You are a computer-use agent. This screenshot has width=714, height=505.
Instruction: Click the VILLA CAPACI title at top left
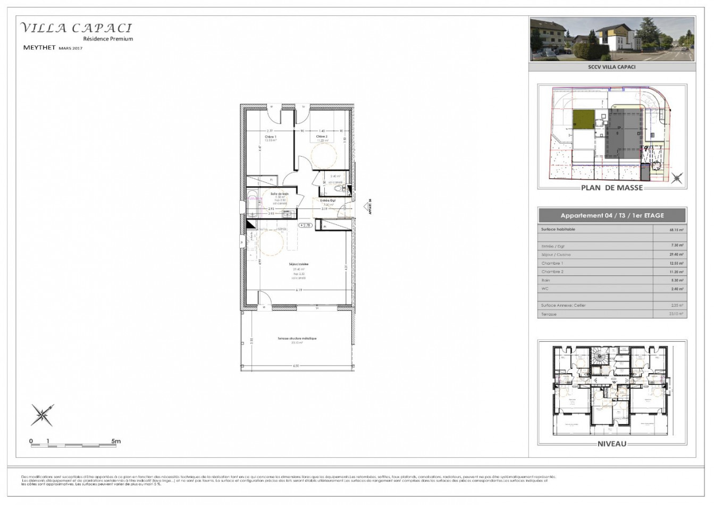point(75,28)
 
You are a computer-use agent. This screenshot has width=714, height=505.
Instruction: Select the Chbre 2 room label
point(322,137)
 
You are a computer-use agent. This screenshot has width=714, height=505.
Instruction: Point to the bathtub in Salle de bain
point(253,205)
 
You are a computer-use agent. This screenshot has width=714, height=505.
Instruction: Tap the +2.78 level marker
point(305,225)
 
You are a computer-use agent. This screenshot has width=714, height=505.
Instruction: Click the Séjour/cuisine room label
point(299,264)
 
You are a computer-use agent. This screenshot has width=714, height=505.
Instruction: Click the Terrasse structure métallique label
point(297,338)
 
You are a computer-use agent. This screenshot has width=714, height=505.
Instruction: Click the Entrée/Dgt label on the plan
point(327,200)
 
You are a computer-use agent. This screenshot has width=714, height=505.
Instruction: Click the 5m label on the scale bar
point(116,441)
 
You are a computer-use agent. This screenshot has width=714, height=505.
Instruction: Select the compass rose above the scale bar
point(43,415)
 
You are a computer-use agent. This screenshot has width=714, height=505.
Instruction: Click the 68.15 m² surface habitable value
point(676,231)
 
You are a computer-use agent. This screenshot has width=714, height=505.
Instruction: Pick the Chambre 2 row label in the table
point(552,272)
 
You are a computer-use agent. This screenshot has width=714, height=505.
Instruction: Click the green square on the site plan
point(584,120)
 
